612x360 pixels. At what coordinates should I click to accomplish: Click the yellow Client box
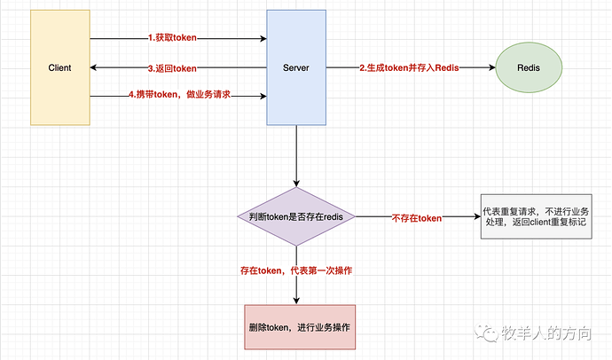click(59, 67)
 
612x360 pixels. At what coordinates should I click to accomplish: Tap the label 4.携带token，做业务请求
click(179, 94)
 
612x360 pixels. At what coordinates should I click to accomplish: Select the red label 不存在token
click(416, 218)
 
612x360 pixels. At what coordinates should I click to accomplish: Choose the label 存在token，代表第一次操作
click(295, 269)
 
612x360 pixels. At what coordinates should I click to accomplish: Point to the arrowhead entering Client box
click(95, 68)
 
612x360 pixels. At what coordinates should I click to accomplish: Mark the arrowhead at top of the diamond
click(295, 183)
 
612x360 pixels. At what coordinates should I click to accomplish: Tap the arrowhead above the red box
click(295, 300)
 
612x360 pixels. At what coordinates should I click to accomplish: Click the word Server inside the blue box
click(295, 68)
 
